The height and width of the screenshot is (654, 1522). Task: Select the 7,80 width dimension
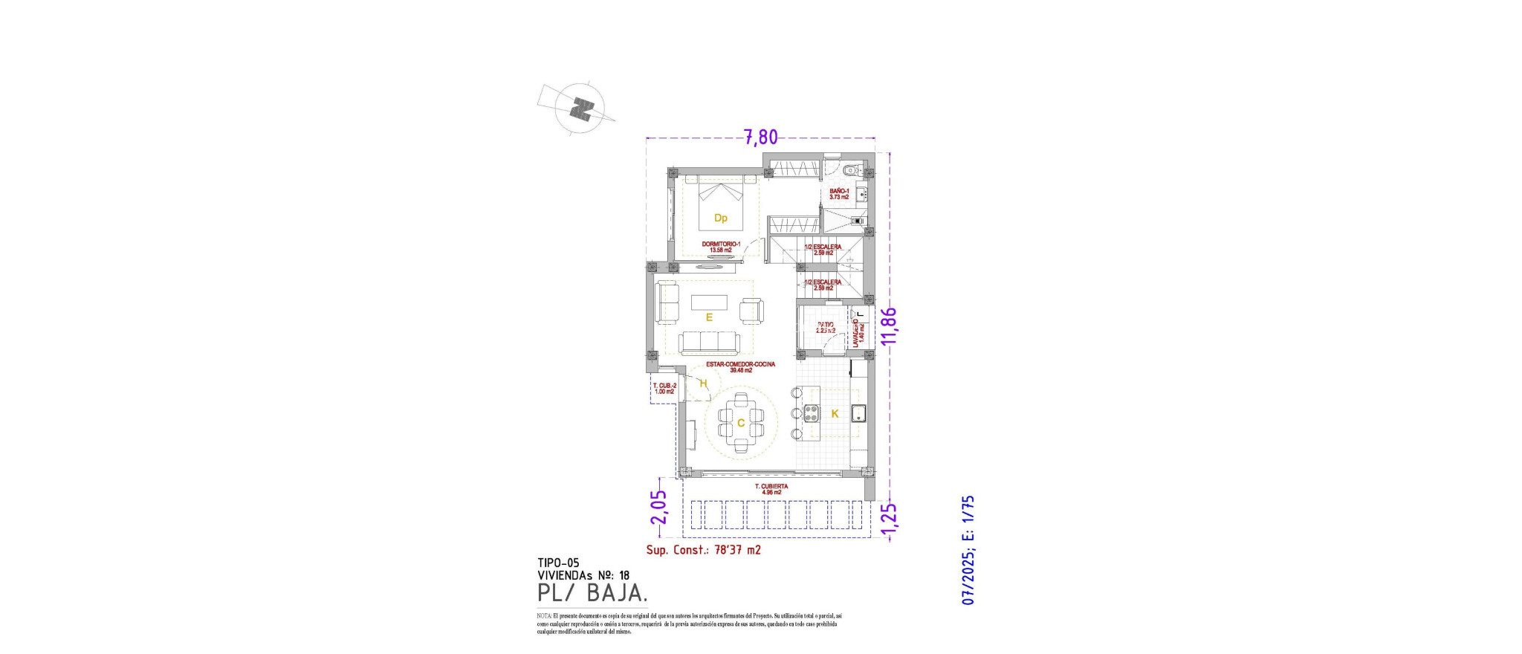point(760,137)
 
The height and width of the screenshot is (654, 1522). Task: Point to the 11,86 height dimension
point(888,326)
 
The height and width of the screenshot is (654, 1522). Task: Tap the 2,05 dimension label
point(659,507)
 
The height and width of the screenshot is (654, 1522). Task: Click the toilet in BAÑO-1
point(852,169)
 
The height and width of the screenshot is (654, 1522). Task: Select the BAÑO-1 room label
point(839,194)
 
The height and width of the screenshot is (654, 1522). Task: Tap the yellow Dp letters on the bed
point(720,218)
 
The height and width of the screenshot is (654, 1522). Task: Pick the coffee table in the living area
point(709,302)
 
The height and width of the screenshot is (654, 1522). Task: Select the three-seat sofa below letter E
point(710,343)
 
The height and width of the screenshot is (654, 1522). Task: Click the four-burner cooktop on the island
point(811,413)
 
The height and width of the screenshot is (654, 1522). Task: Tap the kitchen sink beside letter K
point(859,413)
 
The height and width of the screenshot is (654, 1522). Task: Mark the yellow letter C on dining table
point(741,424)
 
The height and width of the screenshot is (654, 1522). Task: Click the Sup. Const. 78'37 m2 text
point(703,550)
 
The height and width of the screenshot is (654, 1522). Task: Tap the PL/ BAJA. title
point(592,593)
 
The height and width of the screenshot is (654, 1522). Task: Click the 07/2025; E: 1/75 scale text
point(968,550)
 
